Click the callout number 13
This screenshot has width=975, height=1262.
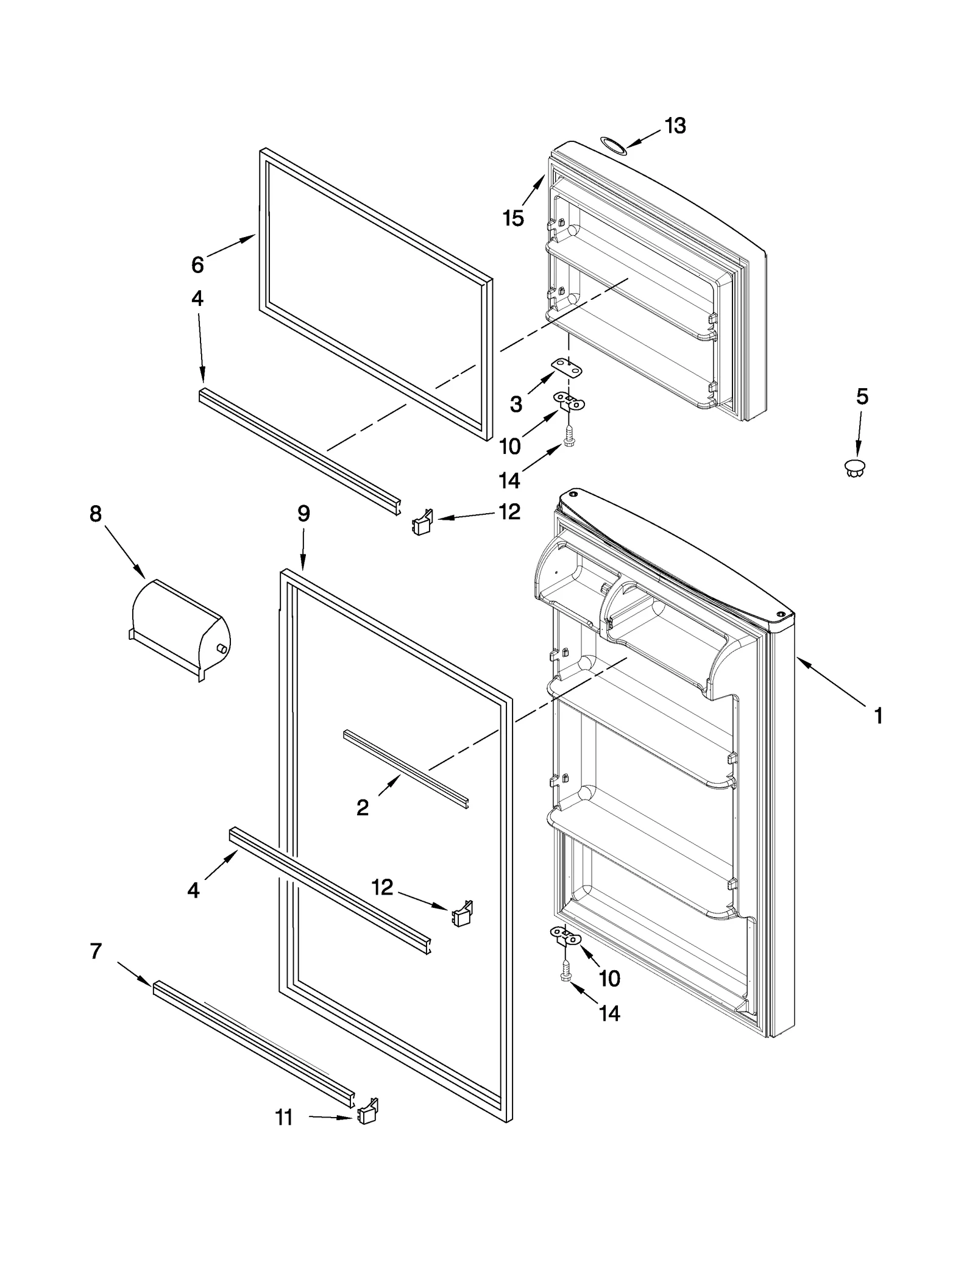(x=675, y=126)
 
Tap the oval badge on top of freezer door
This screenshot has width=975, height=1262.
(x=613, y=144)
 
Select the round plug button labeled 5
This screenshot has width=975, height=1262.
(x=856, y=468)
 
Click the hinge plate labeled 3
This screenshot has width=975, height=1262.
(x=567, y=366)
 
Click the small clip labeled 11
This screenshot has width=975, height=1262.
(x=368, y=1111)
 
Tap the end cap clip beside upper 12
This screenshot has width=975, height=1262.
(x=422, y=523)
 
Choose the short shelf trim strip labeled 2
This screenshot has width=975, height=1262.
(x=405, y=769)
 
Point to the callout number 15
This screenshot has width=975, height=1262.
(x=513, y=218)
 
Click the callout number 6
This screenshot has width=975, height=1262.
(x=197, y=264)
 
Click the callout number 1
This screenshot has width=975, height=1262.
(x=878, y=716)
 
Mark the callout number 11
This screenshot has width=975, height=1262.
(x=284, y=1118)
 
